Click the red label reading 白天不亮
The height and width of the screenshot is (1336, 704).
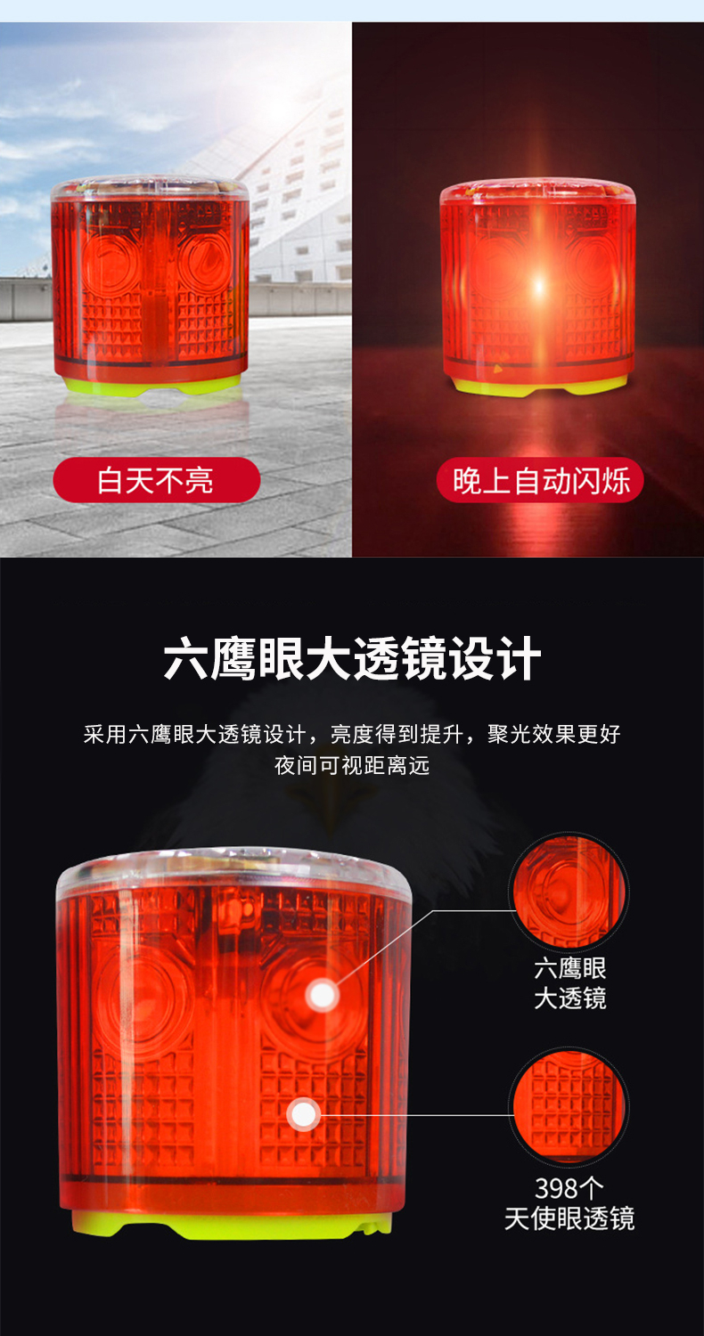tap(156, 480)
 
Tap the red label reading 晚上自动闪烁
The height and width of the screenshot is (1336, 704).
tap(541, 480)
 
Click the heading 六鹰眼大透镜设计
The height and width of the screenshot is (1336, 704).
tap(352, 658)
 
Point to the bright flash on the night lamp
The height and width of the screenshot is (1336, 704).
tap(539, 288)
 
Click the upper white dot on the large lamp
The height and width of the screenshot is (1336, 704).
tap(323, 996)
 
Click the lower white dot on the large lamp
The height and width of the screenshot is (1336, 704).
tap(304, 1113)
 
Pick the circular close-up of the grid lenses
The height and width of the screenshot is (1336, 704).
tap(569, 1106)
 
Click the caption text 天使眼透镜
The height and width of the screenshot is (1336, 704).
tap(569, 1218)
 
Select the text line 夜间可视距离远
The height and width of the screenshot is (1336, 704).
tap(352, 765)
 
